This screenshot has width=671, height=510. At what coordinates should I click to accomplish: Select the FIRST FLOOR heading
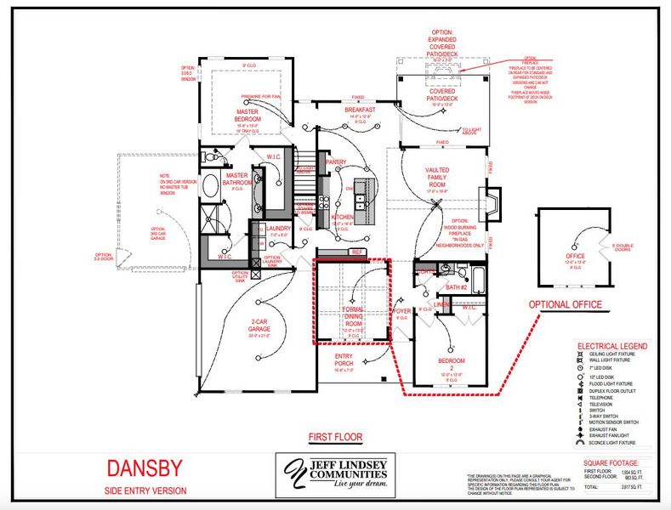point(335,438)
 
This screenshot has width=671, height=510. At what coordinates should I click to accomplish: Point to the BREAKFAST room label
point(360,110)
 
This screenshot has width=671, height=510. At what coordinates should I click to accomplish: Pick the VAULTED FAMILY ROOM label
point(437,177)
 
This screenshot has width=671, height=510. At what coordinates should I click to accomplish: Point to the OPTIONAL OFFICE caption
point(566,304)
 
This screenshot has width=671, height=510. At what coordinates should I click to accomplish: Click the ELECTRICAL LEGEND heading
point(611,347)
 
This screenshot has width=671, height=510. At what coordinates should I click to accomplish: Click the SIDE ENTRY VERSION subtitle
point(145,490)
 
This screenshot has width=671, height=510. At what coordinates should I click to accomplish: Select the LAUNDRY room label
point(278,228)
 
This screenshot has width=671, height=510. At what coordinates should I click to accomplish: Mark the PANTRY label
point(335,161)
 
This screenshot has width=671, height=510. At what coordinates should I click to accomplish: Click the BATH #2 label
point(458,287)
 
